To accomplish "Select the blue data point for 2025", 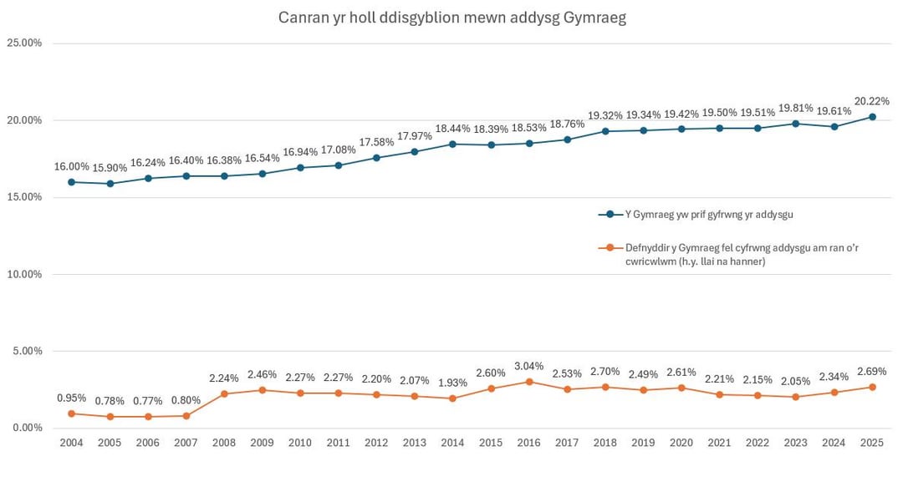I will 872,117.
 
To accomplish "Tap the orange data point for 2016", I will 528,382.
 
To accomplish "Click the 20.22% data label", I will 872,101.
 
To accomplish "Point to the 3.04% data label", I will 528,366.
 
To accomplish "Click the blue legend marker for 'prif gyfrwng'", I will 610,215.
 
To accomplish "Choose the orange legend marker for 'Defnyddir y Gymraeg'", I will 610,247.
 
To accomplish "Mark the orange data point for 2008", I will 224,393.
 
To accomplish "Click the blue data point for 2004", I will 71,182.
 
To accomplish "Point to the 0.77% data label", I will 148,400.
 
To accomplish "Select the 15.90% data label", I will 110,168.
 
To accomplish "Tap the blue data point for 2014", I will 452,144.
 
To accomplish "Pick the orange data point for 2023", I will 796,397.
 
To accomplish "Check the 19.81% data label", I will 796,108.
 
